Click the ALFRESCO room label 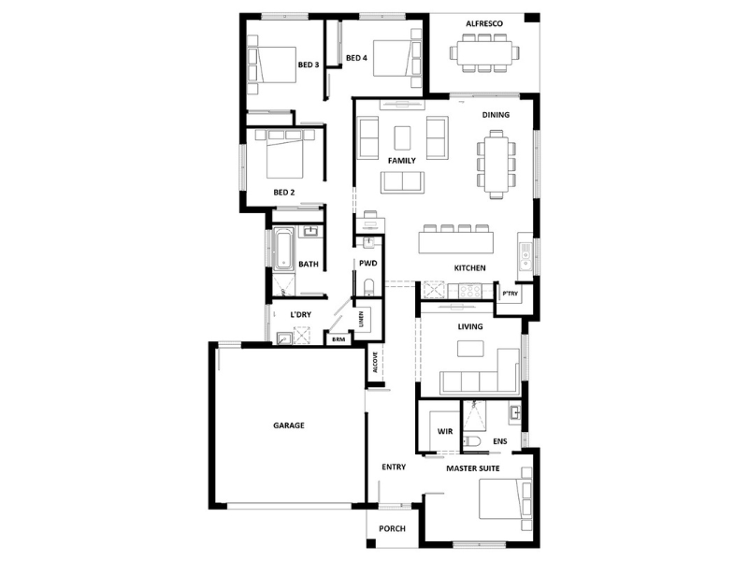[484, 23]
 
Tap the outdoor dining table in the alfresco [484, 52]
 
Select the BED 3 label [309, 65]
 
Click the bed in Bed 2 [285, 153]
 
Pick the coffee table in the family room [402, 137]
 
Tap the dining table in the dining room [496, 164]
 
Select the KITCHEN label [470, 268]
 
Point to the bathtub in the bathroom [283, 250]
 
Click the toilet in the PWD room [369, 287]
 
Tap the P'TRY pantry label [510, 294]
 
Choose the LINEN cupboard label [361, 319]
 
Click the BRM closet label [338, 339]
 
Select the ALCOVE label [375, 363]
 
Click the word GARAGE [289, 425]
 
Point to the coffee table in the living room [470, 349]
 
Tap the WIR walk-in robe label [445, 431]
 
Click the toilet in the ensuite [472, 441]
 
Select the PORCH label [392, 528]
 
